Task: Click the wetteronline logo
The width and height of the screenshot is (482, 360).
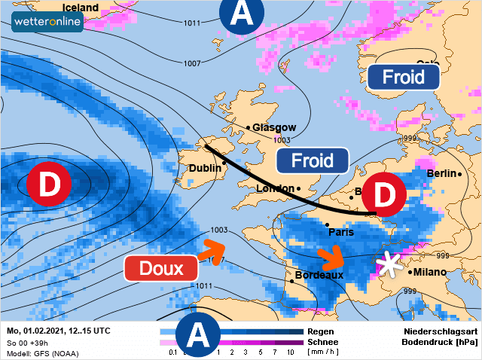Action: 47,23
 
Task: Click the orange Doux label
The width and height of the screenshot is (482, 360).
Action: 162,269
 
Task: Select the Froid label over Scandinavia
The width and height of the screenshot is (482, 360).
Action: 402,76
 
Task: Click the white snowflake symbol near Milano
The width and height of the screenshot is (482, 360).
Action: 389,264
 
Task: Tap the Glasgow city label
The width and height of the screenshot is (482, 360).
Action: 274,127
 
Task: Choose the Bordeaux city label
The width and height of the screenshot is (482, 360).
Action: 319,275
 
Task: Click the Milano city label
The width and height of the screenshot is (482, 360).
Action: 429,272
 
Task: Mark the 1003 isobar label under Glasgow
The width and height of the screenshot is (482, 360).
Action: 282,140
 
